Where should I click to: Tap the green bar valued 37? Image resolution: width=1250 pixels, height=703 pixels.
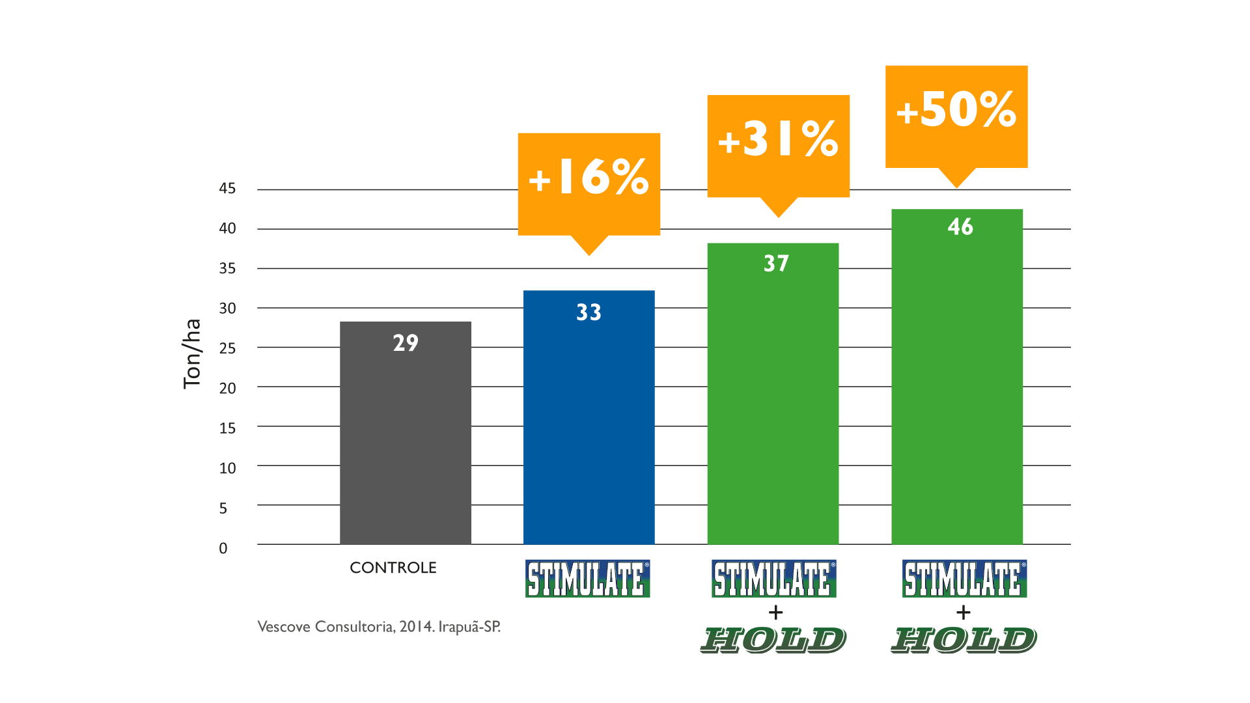tap(773, 404)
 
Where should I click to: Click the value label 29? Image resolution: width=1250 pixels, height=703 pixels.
tap(405, 343)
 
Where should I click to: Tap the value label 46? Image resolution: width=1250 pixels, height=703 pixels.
tap(960, 227)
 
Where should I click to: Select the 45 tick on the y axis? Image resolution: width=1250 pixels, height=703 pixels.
tap(227, 189)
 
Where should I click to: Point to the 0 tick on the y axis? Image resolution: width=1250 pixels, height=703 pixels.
tap(223, 548)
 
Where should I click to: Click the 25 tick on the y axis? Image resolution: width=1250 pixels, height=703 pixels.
tap(227, 348)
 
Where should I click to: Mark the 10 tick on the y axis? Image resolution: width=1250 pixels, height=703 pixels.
tap(227, 468)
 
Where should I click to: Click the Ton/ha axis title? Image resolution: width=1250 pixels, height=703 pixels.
tap(192, 354)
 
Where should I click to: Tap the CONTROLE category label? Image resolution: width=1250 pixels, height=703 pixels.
tap(393, 568)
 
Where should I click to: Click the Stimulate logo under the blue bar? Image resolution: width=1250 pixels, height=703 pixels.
tap(588, 578)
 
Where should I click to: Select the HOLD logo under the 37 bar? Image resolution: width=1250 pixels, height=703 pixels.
tap(773, 641)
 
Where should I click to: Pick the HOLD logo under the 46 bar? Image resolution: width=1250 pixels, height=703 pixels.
tap(964, 641)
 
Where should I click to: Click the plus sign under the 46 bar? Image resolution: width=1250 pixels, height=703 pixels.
tap(964, 613)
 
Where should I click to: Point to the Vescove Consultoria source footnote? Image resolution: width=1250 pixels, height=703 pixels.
tap(379, 627)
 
